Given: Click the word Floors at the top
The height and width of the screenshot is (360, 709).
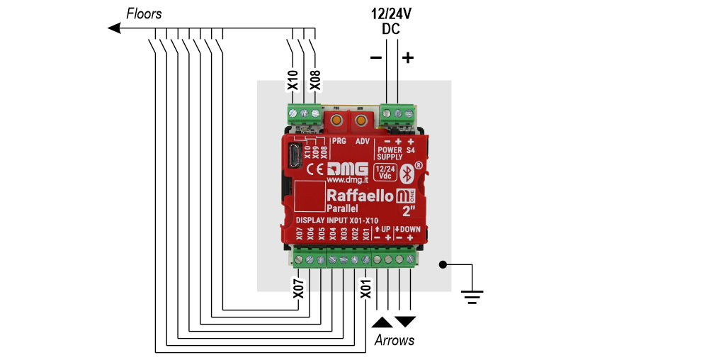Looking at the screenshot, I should coord(144,13).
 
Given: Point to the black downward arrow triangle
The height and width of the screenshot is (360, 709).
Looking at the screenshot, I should coord(405,322).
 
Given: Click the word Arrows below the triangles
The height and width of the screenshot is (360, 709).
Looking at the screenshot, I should coord(394,341).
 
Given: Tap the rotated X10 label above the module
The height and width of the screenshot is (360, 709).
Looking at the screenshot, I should coord(293,81).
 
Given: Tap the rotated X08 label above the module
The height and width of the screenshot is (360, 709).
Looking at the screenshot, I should coord(315,81).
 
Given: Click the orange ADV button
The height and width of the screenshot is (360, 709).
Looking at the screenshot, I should coord(360,121).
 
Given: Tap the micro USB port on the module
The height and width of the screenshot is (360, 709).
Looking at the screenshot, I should coord(292,154).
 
